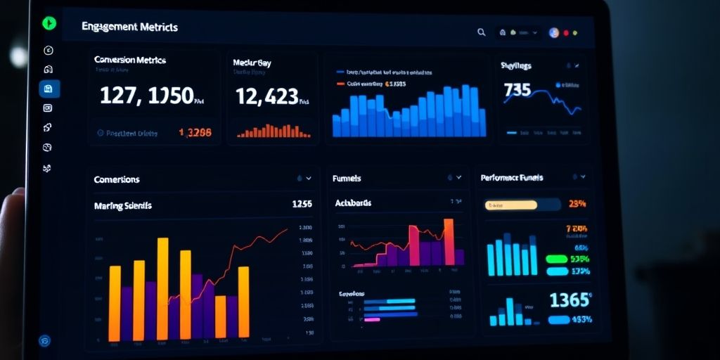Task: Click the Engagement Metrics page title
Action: coord(129,27)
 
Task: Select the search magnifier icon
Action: coord(481,32)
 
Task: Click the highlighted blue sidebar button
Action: coord(49,89)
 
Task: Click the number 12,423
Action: coord(267,96)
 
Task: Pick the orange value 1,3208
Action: coord(195,132)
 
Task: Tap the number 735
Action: coord(517,90)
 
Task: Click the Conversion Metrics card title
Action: coord(130,60)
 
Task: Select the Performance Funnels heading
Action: coord(512,178)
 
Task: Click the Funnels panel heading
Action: coord(347,179)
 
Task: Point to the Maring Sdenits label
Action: coord(122,206)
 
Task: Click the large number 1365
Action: coord(569,300)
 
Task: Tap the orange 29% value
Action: coord(577,205)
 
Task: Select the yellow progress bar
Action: coord(511,205)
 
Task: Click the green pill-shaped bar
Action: coord(556,259)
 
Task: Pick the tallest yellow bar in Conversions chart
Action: coord(162,288)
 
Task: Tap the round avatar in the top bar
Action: coord(553,32)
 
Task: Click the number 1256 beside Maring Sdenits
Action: coord(301,205)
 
